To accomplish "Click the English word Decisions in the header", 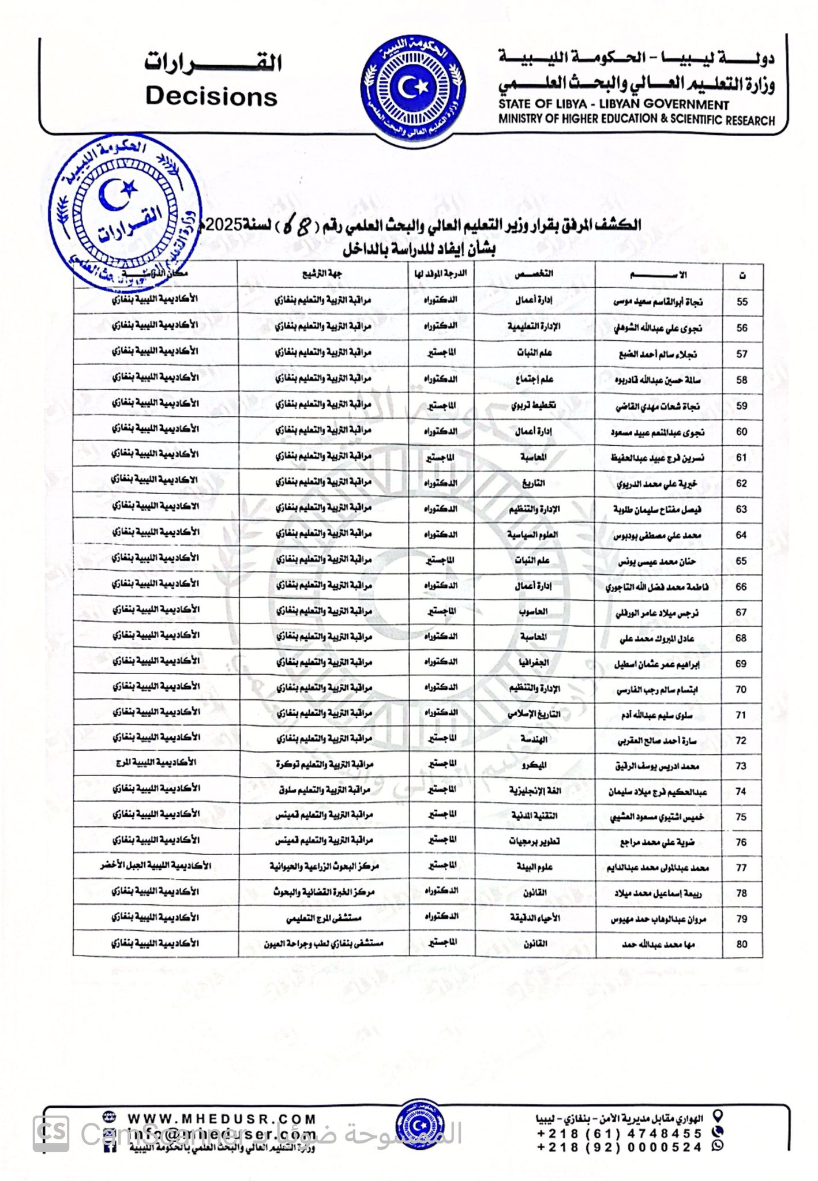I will click(x=212, y=96).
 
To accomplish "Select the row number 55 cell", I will click(x=742, y=302).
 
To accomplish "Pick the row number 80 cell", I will click(x=742, y=944).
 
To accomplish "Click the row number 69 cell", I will click(x=742, y=664).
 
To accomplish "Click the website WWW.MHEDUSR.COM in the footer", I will click(x=222, y=1119).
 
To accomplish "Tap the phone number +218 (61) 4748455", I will click(x=620, y=1133).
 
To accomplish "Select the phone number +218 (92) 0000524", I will click(x=620, y=1148).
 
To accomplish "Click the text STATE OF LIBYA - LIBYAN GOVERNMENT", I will click(x=614, y=105).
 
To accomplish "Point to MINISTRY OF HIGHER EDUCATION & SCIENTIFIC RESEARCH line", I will click(x=636, y=120).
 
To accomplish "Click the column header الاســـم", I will click(x=659, y=275).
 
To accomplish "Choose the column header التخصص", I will click(x=535, y=274).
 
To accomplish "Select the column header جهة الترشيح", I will click(x=323, y=274).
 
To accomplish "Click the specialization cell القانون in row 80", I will click(x=535, y=944).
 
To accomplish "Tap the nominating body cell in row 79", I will click(x=324, y=917).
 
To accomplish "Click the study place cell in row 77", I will click(x=155, y=866).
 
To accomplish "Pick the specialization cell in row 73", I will click(x=535, y=766).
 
